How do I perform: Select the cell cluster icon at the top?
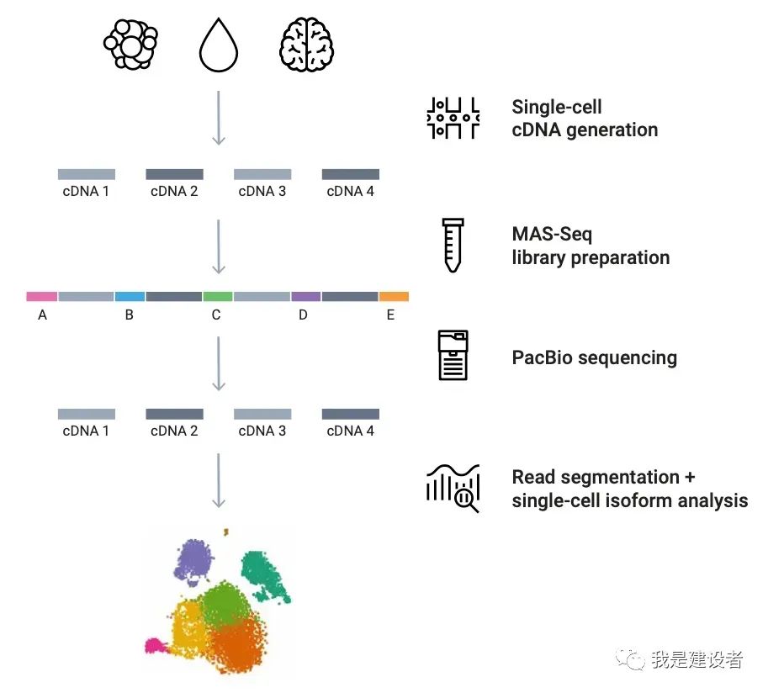[130, 44]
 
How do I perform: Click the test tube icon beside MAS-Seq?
[453, 245]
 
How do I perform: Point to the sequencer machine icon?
[453, 355]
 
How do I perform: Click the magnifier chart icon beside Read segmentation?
[453, 488]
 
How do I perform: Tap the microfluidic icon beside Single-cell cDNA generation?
[453, 118]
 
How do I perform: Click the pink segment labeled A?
[42, 297]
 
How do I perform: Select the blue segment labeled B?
[130, 297]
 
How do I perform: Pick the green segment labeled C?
[217, 297]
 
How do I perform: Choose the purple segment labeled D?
[305, 297]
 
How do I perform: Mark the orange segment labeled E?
[394, 297]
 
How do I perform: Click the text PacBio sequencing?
[594, 357]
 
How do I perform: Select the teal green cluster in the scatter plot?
[263, 574]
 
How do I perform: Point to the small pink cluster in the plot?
[155, 646]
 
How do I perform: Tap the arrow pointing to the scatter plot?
[219, 480]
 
